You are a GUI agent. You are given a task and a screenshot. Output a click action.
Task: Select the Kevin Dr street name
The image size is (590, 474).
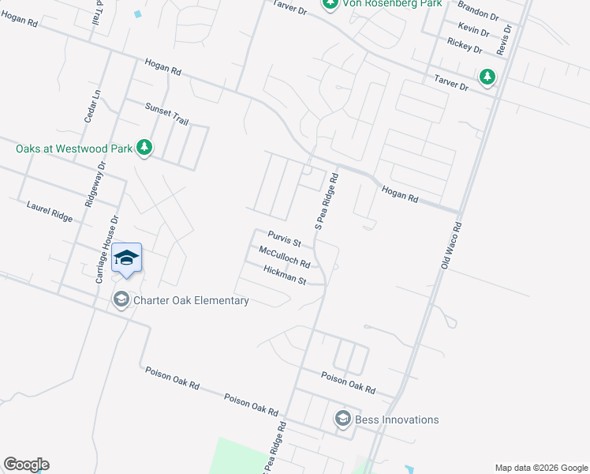[x=473, y=30]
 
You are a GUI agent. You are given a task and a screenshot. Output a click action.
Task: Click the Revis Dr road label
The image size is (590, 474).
[x=507, y=39]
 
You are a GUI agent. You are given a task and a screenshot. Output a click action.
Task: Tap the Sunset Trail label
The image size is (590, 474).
[x=166, y=114]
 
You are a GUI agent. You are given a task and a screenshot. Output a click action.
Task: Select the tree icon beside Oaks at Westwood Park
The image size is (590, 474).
[x=144, y=148]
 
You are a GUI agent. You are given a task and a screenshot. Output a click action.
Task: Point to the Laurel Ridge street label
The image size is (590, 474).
[x=49, y=211]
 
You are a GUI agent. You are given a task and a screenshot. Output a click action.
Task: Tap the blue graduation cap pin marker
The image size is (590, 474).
[x=126, y=258]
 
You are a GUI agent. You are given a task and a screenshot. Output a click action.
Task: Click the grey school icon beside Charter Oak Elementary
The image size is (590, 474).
[x=121, y=299]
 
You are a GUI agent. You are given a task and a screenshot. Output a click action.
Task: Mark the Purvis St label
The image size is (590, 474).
[x=285, y=238]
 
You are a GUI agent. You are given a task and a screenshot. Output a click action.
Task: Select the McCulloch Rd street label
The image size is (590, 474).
[x=284, y=257]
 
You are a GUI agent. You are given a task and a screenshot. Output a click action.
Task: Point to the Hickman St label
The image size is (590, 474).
[x=285, y=274]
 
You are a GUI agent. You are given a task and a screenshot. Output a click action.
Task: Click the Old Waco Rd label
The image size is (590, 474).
[x=450, y=245]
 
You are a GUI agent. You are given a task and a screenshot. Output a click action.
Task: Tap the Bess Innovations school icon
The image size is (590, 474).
[x=342, y=418]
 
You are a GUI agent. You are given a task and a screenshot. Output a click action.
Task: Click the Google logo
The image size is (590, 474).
[x=26, y=464]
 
